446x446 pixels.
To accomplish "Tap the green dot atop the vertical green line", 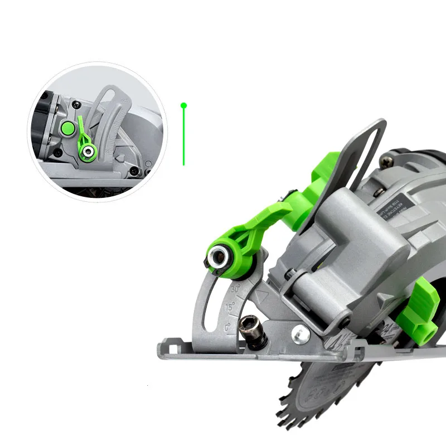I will [183, 105].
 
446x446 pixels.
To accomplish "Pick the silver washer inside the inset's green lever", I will [88, 151].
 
